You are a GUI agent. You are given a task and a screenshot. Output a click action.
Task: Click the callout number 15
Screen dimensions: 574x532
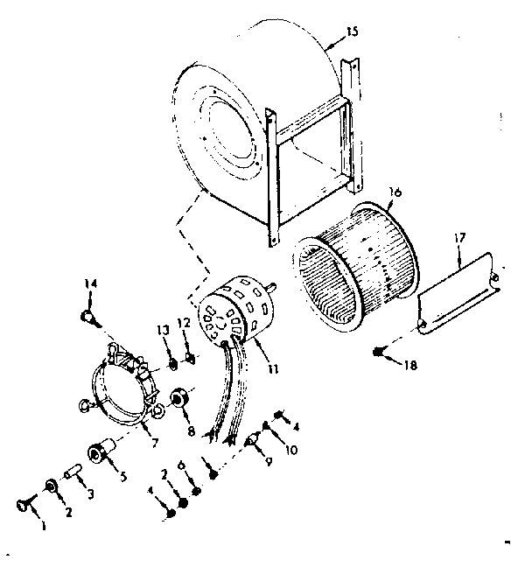point(351,31)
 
